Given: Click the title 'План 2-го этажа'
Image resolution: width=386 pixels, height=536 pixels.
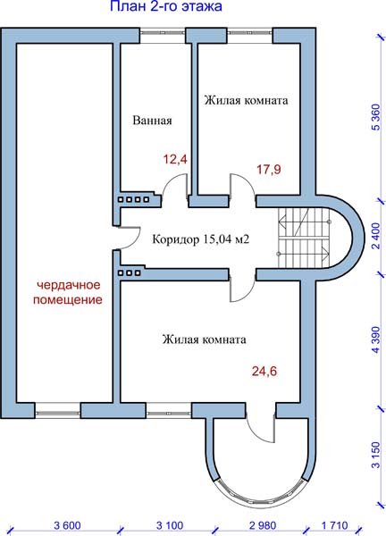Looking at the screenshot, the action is tap(166, 6).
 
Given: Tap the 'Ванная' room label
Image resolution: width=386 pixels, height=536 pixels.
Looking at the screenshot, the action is tap(152, 121).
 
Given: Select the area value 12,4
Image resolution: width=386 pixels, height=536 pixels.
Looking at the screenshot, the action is tap(175, 159).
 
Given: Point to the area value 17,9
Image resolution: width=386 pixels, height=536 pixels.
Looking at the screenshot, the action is tap(269, 169).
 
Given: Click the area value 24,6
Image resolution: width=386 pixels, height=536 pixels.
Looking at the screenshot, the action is tap(264, 371).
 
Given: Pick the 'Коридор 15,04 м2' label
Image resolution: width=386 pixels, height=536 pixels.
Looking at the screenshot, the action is tap(201, 239).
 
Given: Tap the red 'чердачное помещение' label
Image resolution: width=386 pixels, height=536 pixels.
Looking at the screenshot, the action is tap(68, 292).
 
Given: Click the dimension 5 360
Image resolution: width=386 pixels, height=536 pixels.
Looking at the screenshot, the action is tap(376, 117).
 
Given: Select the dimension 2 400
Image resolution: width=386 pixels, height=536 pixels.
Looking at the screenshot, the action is tap(376, 236).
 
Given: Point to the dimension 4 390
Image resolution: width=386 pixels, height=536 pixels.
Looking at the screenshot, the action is tap(376, 340).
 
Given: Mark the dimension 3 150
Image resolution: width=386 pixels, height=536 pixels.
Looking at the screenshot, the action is tap(376, 456).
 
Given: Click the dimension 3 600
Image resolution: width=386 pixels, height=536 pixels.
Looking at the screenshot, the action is tap(67, 525).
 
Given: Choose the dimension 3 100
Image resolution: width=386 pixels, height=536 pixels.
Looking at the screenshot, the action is tap(170, 525).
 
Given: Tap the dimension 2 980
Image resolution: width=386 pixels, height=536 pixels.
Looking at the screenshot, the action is tap(263, 525).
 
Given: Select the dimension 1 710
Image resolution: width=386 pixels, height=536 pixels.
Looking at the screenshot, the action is tap(335, 525).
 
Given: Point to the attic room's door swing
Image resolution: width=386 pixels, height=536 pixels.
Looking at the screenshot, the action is tap(129, 238).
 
